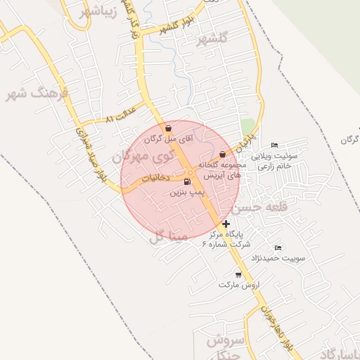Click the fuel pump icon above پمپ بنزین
pos(186,181)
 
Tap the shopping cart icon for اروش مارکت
pos(238,275)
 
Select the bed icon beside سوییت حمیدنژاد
pos(278,247)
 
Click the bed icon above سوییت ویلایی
pos(274,145)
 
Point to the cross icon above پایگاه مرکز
pos(226,224)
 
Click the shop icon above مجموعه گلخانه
pos(223,154)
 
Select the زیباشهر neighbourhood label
pos(93,13)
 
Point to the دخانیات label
pos(153,179)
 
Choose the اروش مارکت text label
pos(239,286)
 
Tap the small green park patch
pos(247,127)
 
